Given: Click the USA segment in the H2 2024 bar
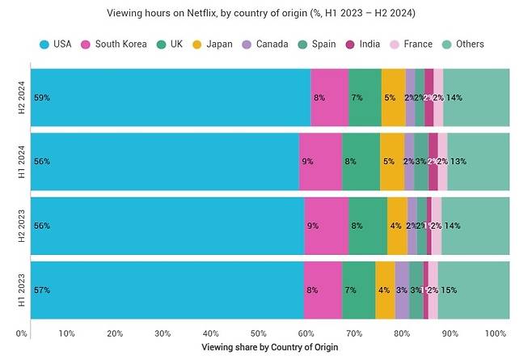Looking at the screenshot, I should click(170, 98).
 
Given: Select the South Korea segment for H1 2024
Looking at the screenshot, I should click(319, 162).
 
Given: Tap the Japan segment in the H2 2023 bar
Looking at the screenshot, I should click(397, 226).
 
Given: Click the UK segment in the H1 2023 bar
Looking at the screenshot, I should click(358, 290).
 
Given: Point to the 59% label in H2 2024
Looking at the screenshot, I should click(41, 98).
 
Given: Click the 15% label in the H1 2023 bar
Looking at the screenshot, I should click(448, 290).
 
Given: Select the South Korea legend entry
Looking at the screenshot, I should click(114, 44).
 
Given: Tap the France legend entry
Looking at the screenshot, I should click(412, 44).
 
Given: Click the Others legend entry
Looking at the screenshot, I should click(468, 44).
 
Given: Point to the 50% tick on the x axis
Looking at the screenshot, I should click(258, 333).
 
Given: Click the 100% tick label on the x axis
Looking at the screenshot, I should click(496, 333).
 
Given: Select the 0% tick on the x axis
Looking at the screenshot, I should click(22, 333).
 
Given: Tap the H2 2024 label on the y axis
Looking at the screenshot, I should click(22, 98).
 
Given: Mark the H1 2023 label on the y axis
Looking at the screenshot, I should click(22, 290).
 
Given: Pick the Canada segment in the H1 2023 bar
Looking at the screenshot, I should click(402, 290).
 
